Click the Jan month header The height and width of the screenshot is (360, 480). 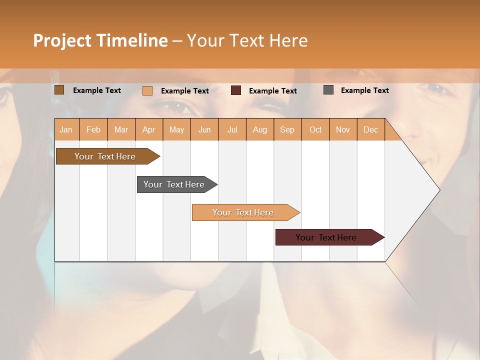click(66, 129)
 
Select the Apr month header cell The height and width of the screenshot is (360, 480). click(148, 129)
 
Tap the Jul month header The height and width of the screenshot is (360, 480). click(232, 129)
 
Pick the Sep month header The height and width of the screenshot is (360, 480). click(287, 129)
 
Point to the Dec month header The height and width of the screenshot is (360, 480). click(370, 129)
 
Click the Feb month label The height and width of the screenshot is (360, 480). click(93, 129)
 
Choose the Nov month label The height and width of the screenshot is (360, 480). click(343, 129)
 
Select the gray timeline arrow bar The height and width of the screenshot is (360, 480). click(174, 184)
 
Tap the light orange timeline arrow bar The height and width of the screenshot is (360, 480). click(243, 212)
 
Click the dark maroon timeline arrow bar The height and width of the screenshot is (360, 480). click(326, 237)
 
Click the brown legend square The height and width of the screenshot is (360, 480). click(59, 90)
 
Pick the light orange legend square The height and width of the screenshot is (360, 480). click(147, 90)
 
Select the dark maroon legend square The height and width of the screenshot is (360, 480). click(236, 90)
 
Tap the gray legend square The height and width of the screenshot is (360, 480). click(328, 90)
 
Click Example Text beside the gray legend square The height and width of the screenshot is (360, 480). click(364, 90)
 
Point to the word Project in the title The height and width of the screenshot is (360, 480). click(62, 40)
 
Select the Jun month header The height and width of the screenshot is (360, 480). click(204, 129)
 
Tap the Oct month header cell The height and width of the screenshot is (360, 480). click(315, 129)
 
